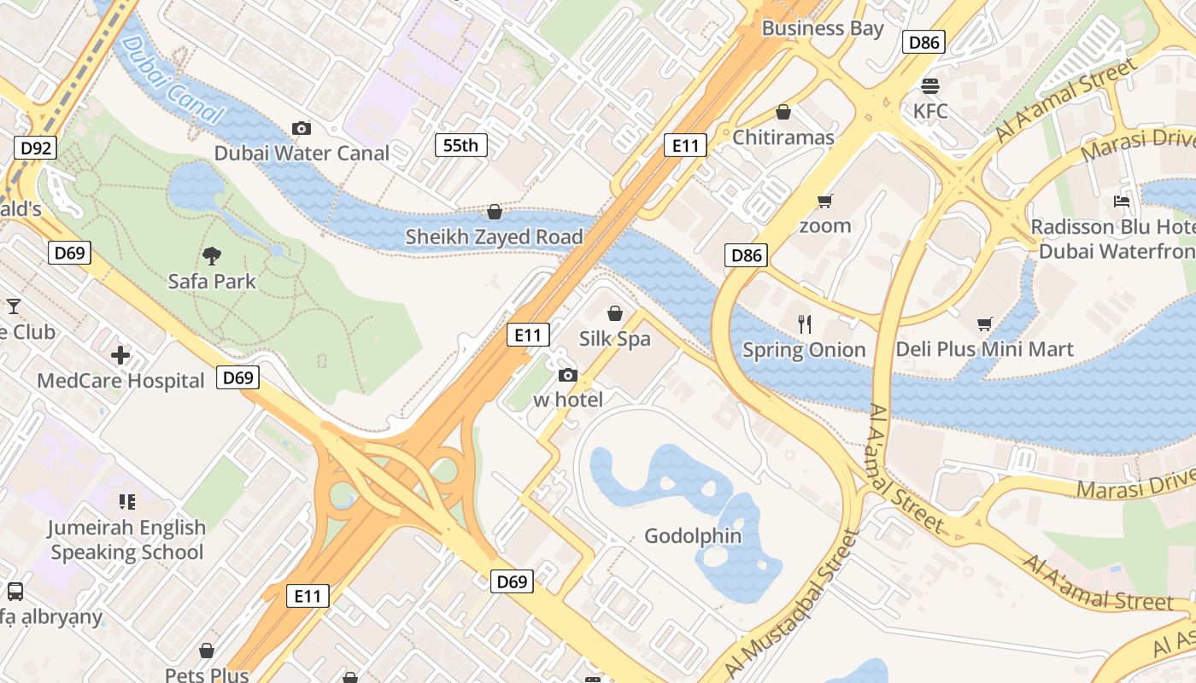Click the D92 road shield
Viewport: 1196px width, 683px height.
tap(36, 148)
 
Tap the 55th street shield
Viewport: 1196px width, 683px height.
tap(460, 145)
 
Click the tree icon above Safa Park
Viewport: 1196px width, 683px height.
tap(212, 254)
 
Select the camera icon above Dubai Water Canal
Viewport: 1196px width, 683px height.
tap(301, 128)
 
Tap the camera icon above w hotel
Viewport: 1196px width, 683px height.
tap(567, 375)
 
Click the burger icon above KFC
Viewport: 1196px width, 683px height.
tap(930, 85)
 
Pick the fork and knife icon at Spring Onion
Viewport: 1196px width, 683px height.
tap(804, 324)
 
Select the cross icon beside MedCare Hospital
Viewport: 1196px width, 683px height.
tap(120, 354)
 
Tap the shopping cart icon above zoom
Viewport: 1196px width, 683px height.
tap(824, 201)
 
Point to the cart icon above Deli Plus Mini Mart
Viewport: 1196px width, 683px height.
tap(984, 324)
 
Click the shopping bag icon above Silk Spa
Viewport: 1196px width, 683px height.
tap(614, 313)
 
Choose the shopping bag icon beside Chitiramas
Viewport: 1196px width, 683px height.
tap(783, 112)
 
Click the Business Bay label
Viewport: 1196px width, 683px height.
tap(822, 28)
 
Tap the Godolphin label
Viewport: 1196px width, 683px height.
tap(693, 536)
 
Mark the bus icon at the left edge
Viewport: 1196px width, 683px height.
tap(15, 591)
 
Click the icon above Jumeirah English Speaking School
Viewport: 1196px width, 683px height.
tap(127, 501)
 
